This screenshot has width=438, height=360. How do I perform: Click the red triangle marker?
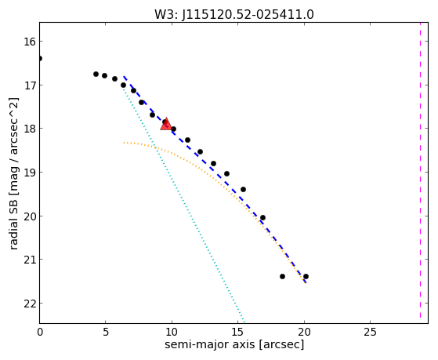coord(166,125)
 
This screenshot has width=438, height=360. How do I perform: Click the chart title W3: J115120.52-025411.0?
coord(234,14)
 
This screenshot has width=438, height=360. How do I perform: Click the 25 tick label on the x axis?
coord(370,333)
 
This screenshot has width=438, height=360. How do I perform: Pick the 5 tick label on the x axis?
coord(105,333)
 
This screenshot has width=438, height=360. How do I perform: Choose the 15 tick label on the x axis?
coord(237,333)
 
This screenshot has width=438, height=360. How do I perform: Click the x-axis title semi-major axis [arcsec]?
coord(234,344)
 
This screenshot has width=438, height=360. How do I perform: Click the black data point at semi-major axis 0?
coord(40,59)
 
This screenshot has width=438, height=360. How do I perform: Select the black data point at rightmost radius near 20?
coord(306,277)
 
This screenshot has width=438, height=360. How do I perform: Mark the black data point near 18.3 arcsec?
coord(282,277)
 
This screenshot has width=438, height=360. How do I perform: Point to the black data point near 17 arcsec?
coord(262,217)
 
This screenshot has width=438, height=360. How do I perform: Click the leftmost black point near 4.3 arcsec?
coord(96,75)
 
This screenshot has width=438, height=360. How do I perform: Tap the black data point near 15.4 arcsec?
coord(244,190)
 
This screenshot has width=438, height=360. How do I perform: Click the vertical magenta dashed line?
coord(420,171)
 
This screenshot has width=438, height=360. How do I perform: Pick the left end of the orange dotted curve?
coord(124,143)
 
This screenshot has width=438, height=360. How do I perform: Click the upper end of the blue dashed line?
coord(124,76)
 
